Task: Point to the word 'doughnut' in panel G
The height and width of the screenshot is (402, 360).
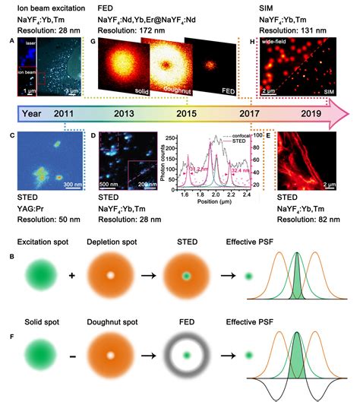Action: pyautogui.click(x=165, y=92)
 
